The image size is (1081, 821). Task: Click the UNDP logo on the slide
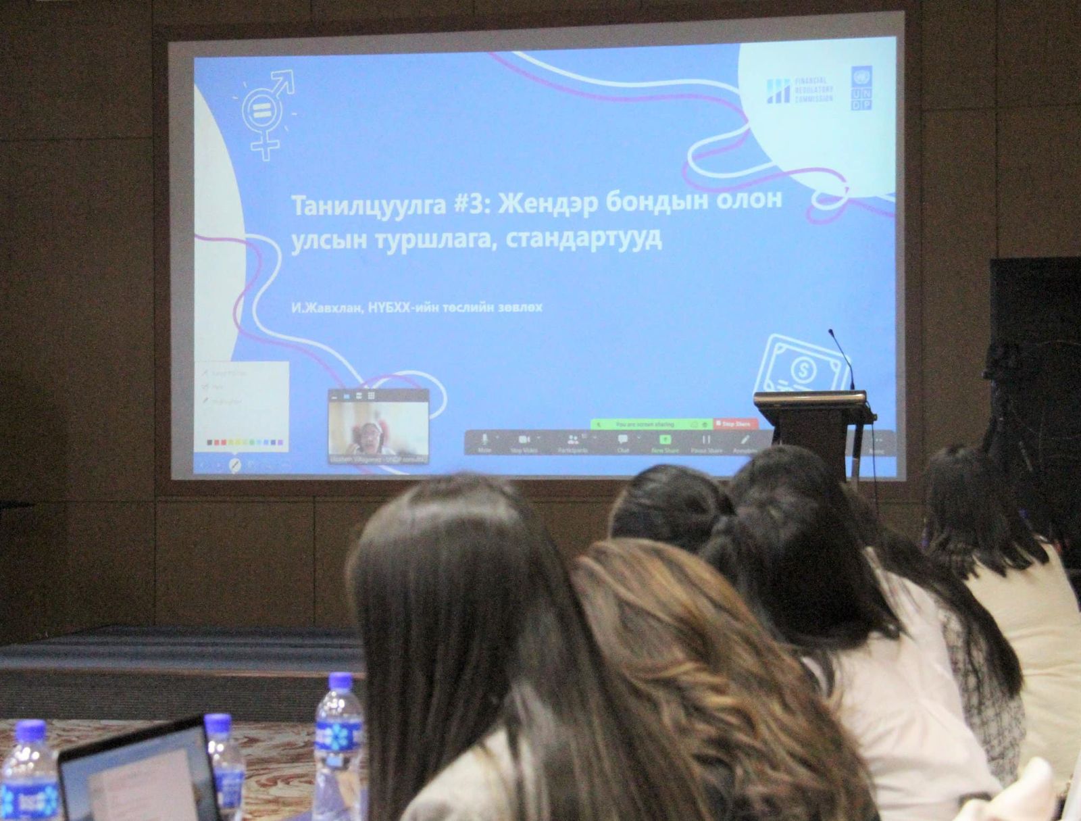[861, 88]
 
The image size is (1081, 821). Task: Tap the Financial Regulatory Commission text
[813, 90]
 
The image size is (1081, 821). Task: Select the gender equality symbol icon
[266, 115]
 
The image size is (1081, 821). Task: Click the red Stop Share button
[734, 424]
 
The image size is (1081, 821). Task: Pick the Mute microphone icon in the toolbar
[484, 441]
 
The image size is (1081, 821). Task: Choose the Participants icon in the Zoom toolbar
[572, 441]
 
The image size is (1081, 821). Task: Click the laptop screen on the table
[142, 780]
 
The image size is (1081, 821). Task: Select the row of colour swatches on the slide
[245, 442]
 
